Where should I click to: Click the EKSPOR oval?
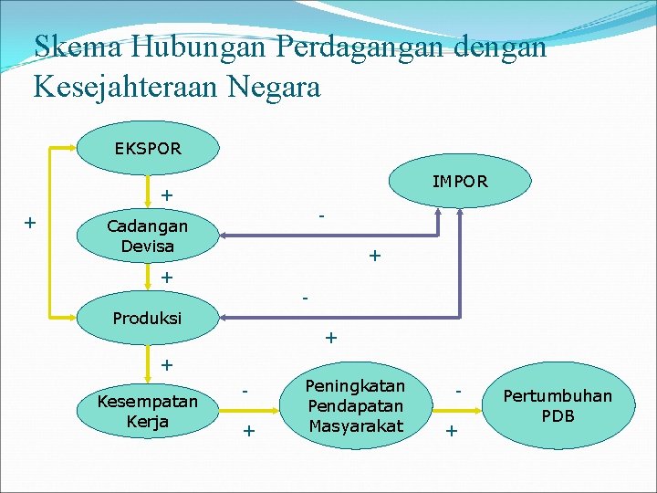[x=148, y=148]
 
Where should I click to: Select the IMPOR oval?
[x=460, y=182]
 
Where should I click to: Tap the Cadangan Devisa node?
[x=148, y=236]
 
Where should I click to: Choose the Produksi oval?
[x=148, y=319]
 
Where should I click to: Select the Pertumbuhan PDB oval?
[x=558, y=405]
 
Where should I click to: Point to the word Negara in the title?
[x=277, y=87]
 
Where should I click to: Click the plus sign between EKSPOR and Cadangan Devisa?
[x=167, y=195]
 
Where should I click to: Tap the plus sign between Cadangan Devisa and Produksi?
[x=167, y=276]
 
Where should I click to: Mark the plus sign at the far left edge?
[x=30, y=223]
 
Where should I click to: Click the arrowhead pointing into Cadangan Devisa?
[x=221, y=236]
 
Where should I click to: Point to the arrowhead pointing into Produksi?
[x=221, y=319]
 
